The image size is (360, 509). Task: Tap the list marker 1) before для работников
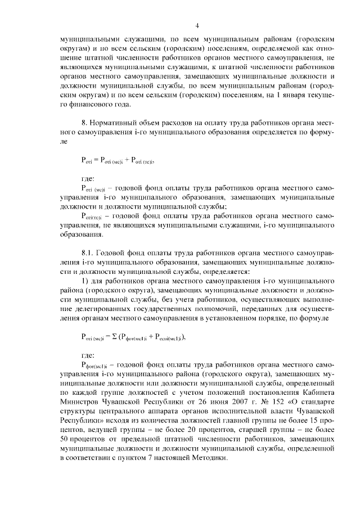[86, 283]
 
